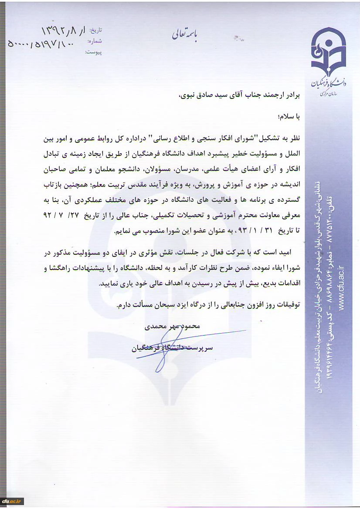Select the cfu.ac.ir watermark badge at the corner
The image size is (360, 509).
[x=13, y=501]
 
